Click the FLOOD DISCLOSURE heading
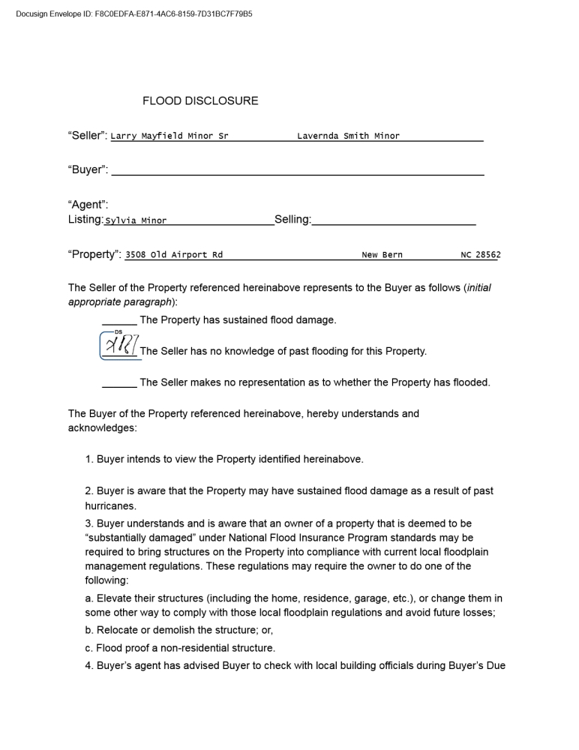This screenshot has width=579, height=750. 200,100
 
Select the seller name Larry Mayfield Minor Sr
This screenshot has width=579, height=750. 169,136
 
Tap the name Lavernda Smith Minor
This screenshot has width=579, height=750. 348,136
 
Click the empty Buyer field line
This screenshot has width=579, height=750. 297,170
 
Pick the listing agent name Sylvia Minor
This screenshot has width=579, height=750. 136,220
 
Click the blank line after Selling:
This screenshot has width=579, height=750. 394,220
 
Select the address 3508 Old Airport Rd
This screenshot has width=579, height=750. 174,255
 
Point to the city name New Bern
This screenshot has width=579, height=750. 382,255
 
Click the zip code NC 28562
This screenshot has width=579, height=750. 480,255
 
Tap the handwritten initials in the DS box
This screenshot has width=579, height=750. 119,346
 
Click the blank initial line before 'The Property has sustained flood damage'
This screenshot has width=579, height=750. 119,320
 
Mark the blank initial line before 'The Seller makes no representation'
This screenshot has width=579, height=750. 119,382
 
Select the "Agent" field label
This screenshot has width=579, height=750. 88,205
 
